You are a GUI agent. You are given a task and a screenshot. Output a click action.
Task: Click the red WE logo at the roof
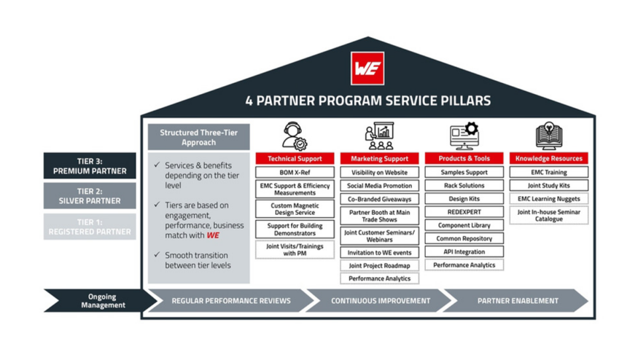tap(367, 68)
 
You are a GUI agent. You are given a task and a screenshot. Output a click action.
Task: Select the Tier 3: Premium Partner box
tap(90, 166)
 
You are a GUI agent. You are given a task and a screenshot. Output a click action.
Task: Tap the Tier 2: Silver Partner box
tap(90, 196)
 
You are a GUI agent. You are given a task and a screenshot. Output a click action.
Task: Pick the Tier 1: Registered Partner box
tap(90, 227)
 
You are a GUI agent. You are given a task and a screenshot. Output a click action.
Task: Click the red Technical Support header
tap(295, 158)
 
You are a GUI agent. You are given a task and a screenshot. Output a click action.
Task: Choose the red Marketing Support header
tap(379, 158)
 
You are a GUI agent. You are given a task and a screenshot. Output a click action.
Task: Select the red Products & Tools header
tap(464, 158)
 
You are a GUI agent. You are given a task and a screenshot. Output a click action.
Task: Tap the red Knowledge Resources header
tap(548, 158)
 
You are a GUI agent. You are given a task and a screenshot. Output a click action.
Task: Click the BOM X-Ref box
tap(295, 173)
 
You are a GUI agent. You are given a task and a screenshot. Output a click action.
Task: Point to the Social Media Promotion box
tap(379, 186)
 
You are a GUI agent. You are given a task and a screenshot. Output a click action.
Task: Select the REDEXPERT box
tap(464, 212)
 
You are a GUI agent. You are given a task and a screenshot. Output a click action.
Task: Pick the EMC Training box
tap(548, 173)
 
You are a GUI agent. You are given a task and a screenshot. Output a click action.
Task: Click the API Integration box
tap(464, 252)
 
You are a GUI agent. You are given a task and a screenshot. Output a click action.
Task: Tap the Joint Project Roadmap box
tap(379, 266)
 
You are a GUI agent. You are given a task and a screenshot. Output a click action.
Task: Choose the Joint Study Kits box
tap(548, 186)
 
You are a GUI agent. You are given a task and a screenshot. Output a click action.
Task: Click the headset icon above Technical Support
tap(295, 136)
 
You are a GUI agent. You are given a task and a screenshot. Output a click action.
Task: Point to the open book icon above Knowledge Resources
tap(548, 136)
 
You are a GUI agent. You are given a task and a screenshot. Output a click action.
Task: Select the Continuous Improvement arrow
tap(380, 300)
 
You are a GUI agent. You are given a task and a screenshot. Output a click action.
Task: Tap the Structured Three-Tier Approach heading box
tap(198, 138)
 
